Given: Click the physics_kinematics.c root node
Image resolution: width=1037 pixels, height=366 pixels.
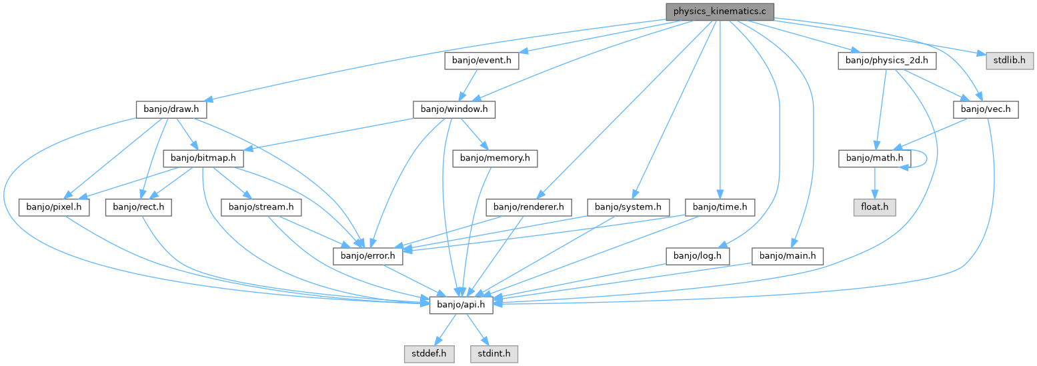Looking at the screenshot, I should [x=719, y=11].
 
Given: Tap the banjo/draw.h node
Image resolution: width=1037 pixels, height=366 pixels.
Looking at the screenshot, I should [x=171, y=109].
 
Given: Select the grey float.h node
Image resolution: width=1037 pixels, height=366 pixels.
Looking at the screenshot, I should [x=874, y=207].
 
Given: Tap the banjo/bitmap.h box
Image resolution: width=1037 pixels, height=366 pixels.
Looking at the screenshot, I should [x=203, y=158].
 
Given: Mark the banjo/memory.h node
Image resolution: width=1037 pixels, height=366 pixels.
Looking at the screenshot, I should [x=494, y=158].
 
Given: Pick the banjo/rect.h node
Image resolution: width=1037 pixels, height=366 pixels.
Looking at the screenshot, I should [x=138, y=207].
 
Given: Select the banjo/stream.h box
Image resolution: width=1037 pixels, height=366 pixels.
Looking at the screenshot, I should [x=261, y=207].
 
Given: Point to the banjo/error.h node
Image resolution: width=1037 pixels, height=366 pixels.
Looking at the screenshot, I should [x=364, y=255].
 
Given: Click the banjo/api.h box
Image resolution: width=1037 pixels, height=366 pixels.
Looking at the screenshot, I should [x=461, y=305].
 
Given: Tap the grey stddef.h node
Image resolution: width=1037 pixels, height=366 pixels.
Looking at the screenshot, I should [x=429, y=353].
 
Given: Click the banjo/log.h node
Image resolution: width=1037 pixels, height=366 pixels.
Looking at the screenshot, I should [x=698, y=255].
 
